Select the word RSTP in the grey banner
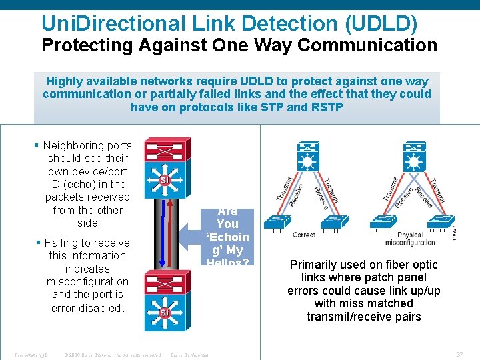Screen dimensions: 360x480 tap(327, 107)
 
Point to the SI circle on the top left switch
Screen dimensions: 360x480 tap(164, 180)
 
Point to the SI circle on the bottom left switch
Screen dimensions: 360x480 tap(164, 312)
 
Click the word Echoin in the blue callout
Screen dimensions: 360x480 tap(227, 237)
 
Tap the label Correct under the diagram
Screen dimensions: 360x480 tap(304, 235)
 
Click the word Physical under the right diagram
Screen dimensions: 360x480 tap(410, 235)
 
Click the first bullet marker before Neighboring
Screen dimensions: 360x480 tap(37, 145)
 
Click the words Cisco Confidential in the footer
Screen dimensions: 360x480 tap(190, 355)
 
